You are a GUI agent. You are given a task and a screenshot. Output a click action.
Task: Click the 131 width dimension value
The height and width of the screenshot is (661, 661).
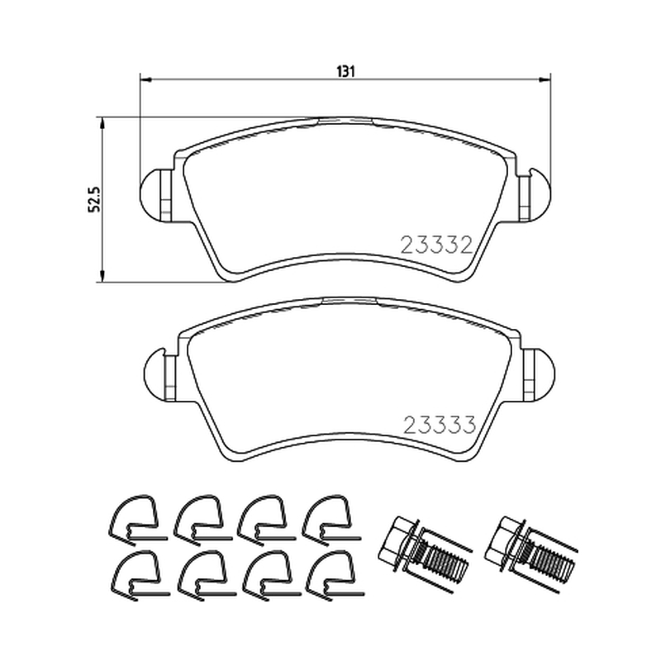(x=345, y=72)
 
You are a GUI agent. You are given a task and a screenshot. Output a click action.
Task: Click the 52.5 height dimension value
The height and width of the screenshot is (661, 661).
(x=94, y=199)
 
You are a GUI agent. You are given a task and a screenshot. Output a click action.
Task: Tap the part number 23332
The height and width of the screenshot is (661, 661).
(x=436, y=245)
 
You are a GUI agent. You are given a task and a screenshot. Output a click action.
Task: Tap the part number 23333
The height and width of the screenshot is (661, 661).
(x=440, y=425)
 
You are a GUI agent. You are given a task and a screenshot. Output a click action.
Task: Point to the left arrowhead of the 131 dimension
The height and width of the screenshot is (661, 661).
(x=145, y=79)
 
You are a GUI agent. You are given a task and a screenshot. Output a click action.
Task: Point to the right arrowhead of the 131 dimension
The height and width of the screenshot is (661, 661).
(x=544, y=79)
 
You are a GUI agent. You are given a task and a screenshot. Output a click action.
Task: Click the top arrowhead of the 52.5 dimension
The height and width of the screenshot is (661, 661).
(x=101, y=123)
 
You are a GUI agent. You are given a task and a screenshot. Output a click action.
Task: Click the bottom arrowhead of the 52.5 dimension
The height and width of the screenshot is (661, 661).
(x=101, y=276)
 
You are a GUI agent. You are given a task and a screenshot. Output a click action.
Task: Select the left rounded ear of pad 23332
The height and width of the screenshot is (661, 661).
(x=150, y=195)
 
